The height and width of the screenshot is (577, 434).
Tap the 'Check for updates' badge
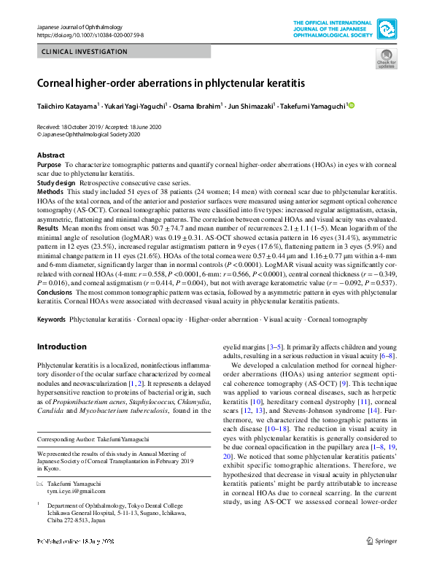pos(385,59)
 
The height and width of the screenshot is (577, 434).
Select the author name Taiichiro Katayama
pos(68,106)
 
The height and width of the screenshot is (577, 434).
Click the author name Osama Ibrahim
pos(197,106)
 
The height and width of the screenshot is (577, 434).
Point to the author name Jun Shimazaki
pos(250,106)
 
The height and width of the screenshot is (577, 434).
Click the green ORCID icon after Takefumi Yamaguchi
pos(351,106)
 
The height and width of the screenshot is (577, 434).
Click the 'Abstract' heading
pos(50,156)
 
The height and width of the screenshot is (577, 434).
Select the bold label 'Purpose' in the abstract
pos(50,166)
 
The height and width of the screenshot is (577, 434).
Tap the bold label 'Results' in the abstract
pos(48,228)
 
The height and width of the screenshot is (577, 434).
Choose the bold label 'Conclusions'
pos(55,290)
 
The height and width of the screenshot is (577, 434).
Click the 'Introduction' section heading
pos(61,347)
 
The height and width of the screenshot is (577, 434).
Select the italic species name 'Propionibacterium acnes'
pos(86,401)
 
